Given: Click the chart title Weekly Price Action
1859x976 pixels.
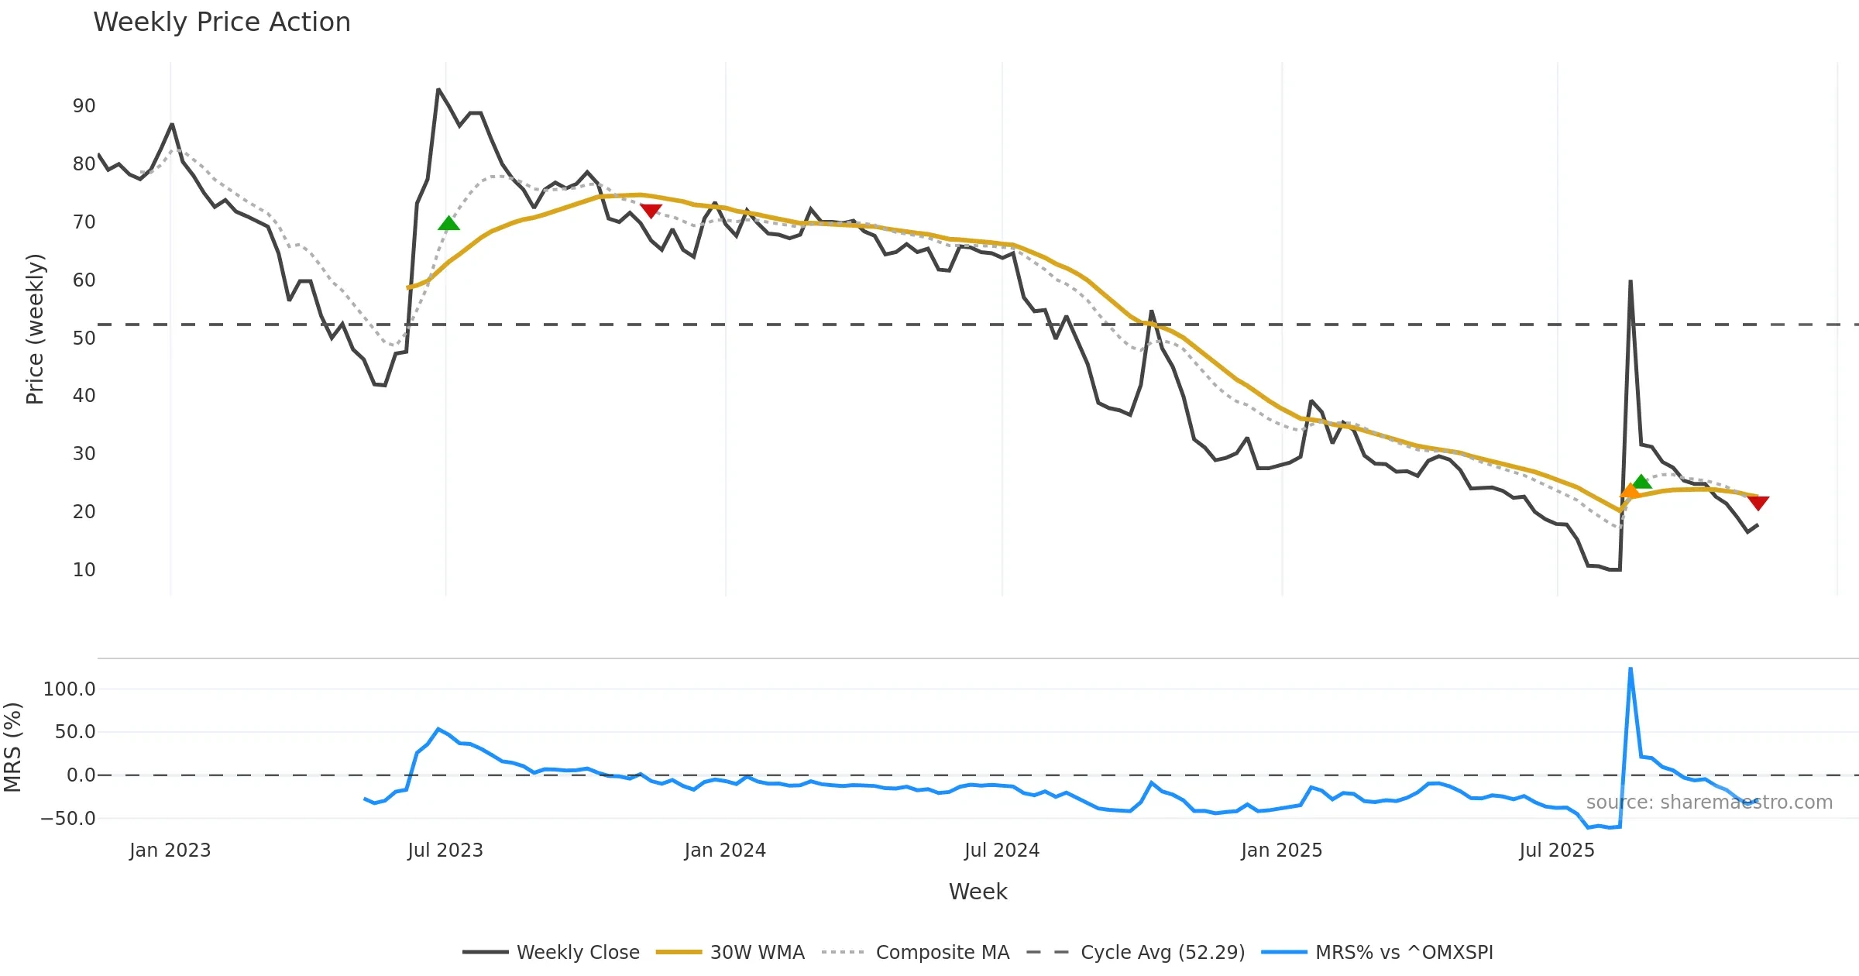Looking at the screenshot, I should pyautogui.click(x=222, y=22).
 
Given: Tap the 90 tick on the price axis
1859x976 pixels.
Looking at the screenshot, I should pyautogui.click(x=84, y=106).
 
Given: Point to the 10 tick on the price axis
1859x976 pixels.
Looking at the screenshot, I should pyautogui.click(x=84, y=570).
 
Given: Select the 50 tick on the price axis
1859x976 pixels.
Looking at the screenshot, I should pyautogui.click(x=84, y=339).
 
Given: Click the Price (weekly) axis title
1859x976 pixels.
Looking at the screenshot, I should pyautogui.click(x=36, y=329).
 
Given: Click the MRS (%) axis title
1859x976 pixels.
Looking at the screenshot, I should pyautogui.click(x=13, y=747).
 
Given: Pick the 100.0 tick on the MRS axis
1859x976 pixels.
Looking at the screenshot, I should pyautogui.click(x=69, y=689).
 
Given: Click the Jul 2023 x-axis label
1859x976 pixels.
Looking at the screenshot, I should pyautogui.click(x=445, y=851).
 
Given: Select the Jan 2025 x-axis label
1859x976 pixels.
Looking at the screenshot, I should pyautogui.click(x=1281, y=851).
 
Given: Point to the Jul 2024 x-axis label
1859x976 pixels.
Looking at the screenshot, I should pyautogui.click(x=1002, y=851).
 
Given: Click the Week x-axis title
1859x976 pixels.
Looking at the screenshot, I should pyautogui.click(x=978, y=892).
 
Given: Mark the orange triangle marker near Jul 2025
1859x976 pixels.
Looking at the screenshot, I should pyautogui.click(x=1630, y=491).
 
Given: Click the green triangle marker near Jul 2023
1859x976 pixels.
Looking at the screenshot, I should pyautogui.click(x=448, y=224).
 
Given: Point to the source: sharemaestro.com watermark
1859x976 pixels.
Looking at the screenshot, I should pyautogui.click(x=1709, y=802).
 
